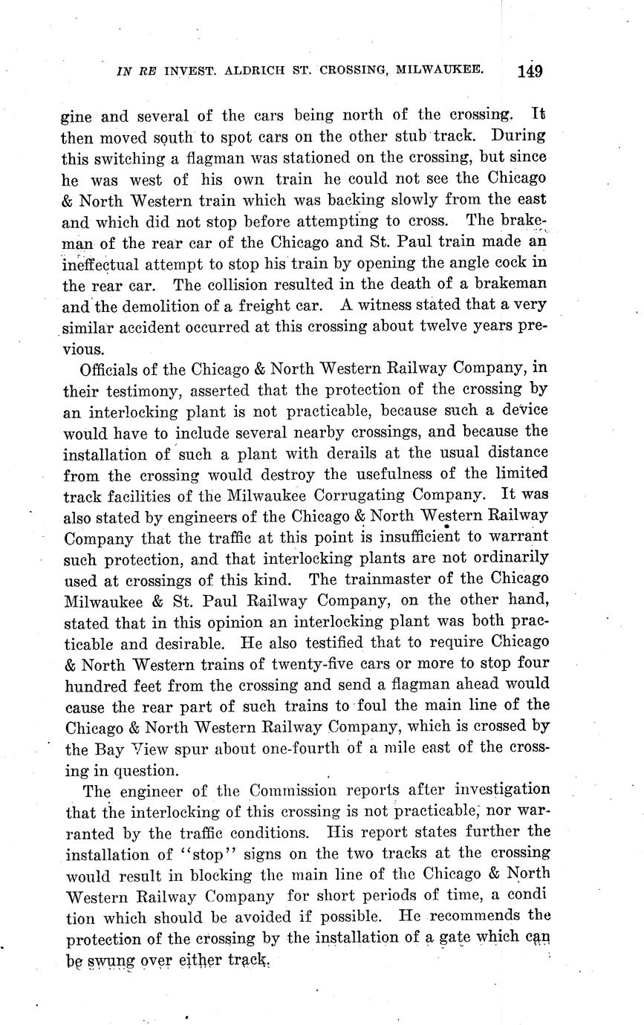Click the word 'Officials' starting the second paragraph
113,368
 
